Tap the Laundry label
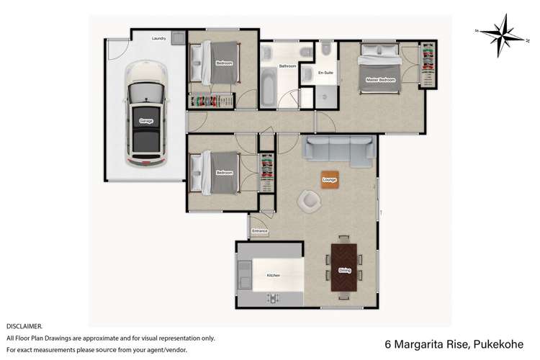tap(159, 38)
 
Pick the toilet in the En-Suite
tap(326, 50)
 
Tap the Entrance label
tap(260, 231)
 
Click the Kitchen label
tap(273, 276)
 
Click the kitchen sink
tap(243, 274)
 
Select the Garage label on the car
tap(146, 121)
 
